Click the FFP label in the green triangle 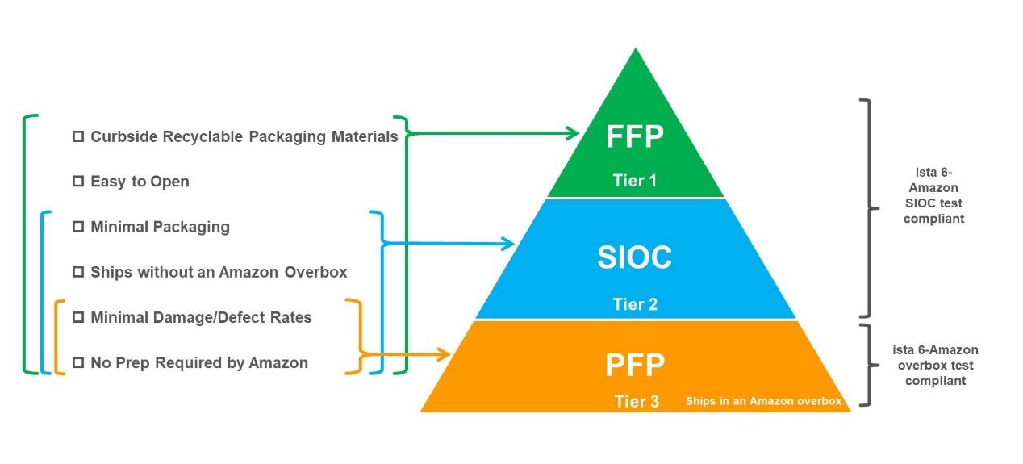(635, 136)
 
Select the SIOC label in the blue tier (634, 257)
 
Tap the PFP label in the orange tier (635, 365)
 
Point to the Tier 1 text (635, 181)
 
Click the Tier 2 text (635, 304)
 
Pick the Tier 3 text (637, 401)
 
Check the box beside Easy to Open (78, 182)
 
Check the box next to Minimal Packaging (78, 227)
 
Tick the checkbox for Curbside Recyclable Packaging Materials (78, 136)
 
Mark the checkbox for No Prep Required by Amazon (78, 362)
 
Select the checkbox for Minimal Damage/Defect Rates (78, 317)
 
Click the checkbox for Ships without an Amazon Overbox (78, 272)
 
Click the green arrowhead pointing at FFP (573, 133)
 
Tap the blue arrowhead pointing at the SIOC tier (507, 244)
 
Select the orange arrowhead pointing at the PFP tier (444, 354)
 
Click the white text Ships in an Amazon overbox (763, 401)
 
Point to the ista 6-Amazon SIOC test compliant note (933, 195)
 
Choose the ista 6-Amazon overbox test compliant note (935, 366)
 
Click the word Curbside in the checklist (122, 136)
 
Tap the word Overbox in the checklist (315, 272)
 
